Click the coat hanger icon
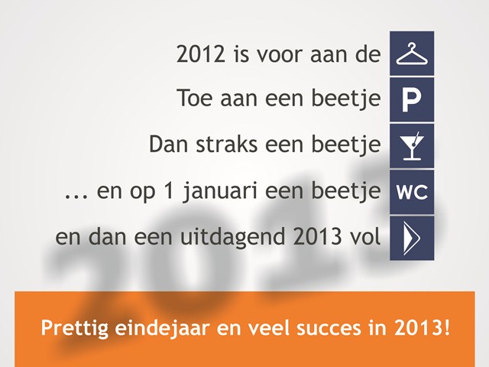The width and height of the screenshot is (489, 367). coord(412,54)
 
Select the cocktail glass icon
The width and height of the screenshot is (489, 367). coord(413,146)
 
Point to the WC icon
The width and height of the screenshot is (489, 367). coord(412,192)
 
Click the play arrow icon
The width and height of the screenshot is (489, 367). coord(412,238)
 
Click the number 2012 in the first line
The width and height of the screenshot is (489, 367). coord(200,54)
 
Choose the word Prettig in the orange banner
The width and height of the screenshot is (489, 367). coord(75,328)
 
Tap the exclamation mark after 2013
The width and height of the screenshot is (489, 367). coord(447,327)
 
